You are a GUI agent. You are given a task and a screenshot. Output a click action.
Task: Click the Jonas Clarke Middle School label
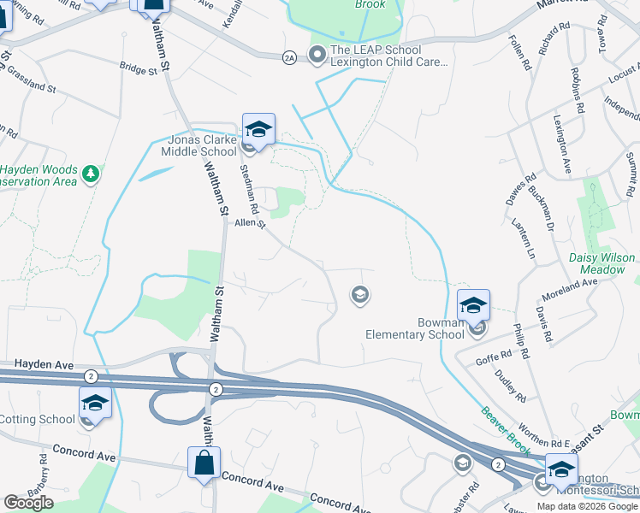pyautogui.click(x=199, y=145)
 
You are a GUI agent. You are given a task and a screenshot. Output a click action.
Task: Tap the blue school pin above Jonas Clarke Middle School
pyautogui.click(x=258, y=129)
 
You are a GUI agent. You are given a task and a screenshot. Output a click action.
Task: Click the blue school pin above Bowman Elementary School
pyautogui.click(x=473, y=304)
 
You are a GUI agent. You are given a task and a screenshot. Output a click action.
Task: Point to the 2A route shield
pyautogui.click(x=289, y=57)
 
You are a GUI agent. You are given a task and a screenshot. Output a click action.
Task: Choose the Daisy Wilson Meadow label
pyautogui.click(x=602, y=263)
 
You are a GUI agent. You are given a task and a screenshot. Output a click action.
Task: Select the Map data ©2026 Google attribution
pyautogui.click(x=587, y=506)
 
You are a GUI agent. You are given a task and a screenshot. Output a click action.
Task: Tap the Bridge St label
pyautogui.click(x=139, y=68)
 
